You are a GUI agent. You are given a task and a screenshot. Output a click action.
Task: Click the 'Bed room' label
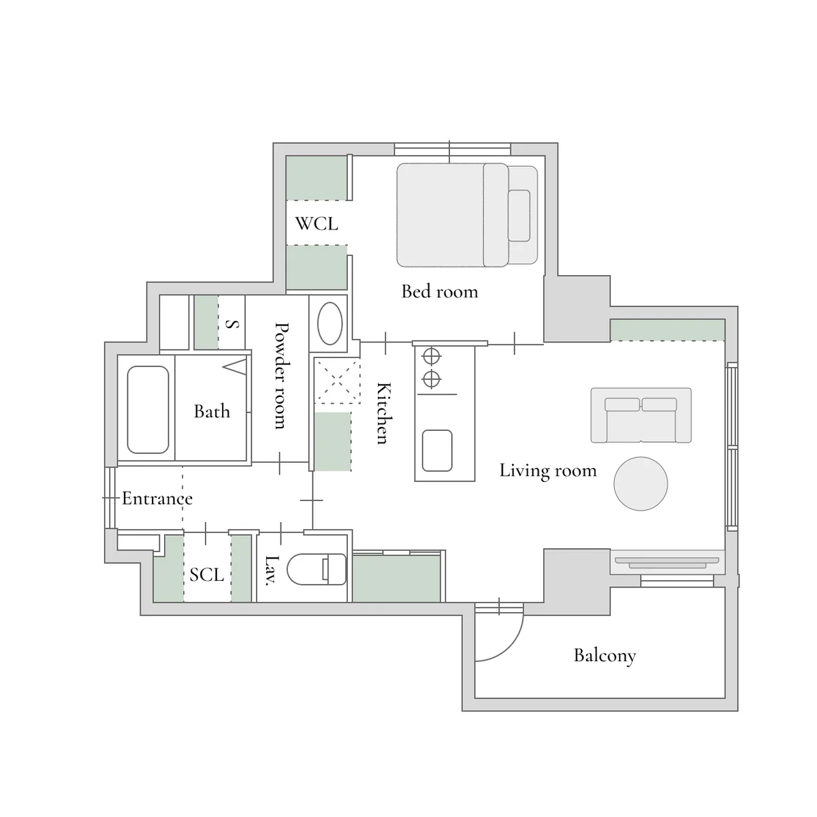[x=440, y=291]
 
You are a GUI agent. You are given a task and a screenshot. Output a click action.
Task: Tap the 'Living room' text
[x=548, y=470]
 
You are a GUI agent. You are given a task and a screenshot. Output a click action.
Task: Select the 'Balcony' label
[x=605, y=656]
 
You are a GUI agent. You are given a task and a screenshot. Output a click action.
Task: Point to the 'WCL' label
[x=317, y=223]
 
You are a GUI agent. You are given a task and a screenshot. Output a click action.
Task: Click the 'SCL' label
[x=206, y=575]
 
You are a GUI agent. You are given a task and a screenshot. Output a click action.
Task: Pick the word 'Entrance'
[x=157, y=498]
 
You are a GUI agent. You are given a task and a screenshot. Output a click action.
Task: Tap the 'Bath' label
[x=212, y=411]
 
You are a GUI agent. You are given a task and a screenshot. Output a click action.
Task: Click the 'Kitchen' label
[x=384, y=413]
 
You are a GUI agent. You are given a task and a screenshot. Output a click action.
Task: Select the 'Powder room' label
[x=281, y=376]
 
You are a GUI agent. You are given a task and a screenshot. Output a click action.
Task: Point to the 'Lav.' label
[x=272, y=571]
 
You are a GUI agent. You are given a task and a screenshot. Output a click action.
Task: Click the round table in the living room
[x=641, y=483]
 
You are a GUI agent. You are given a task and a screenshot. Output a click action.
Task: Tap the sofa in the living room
[x=641, y=415]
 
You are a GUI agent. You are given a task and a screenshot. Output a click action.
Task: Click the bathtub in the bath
[x=148, y=410]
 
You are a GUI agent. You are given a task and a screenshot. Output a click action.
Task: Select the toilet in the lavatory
[x=317, y=569]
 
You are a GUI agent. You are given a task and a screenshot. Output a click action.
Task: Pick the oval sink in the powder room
[x=330, y=323]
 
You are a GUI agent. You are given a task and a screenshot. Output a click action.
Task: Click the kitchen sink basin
[x=437, y=451]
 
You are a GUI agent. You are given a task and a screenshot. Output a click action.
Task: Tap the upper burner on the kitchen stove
[x=431, y=356]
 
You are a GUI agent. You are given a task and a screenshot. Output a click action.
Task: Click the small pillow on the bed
[x=519, y=215]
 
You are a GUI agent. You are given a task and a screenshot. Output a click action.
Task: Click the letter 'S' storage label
[x=232, y=324]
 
